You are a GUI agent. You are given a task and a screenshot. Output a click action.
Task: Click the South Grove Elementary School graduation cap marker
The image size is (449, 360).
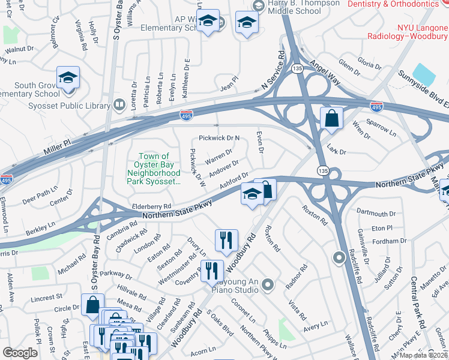coord(68,79)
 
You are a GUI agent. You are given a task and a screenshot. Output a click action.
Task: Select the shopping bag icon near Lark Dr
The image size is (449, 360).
coord(331,119)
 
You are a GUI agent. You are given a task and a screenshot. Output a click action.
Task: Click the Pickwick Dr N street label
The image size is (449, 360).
coord(219,138)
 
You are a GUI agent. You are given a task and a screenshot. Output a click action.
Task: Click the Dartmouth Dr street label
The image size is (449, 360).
coord(376,213)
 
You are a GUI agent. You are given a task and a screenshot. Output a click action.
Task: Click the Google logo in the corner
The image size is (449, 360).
coord(20,352)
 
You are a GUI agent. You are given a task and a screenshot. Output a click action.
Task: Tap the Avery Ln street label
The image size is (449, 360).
coord(315,324)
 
